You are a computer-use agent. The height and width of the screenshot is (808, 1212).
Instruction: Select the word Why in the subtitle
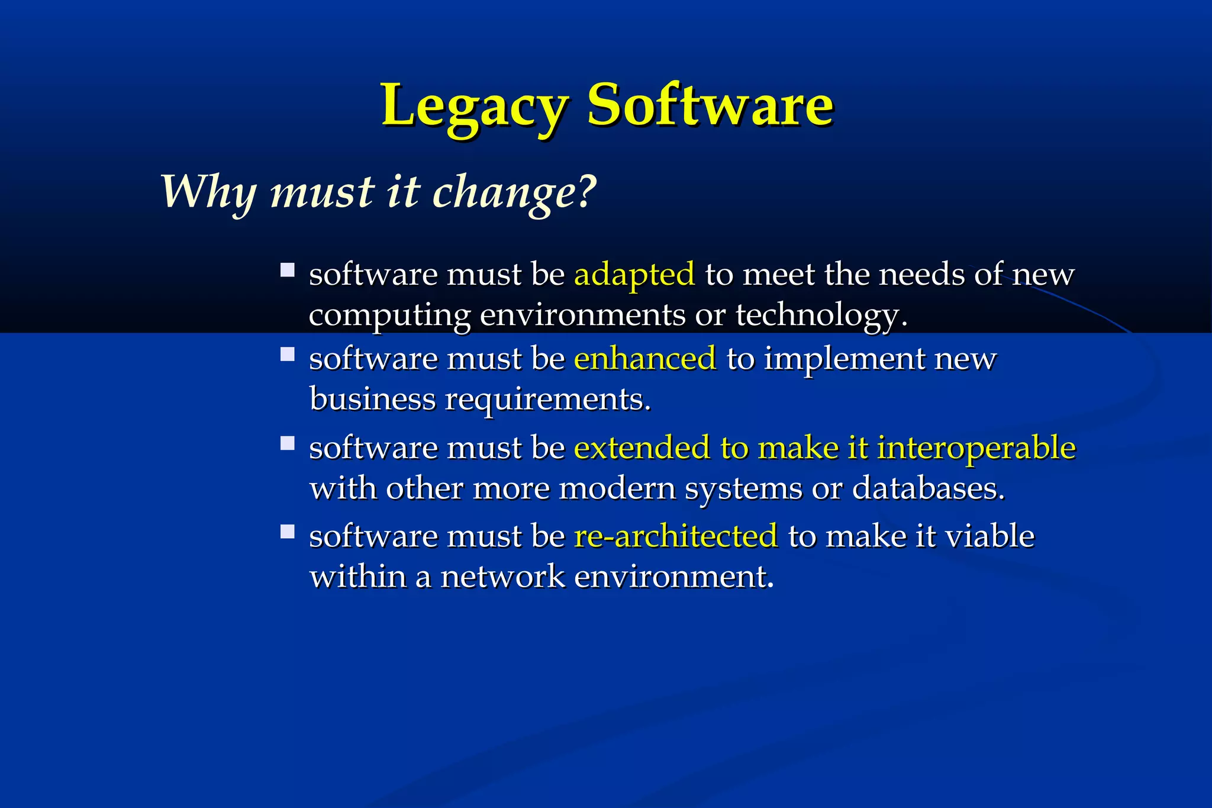(x=208, y=192)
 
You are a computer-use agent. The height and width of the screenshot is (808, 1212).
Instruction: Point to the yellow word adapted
(x=634, y=275)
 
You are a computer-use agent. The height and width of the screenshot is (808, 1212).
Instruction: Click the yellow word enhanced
(x=644, y=359)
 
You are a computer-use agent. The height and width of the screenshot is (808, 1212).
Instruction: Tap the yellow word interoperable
(x=976, y=448)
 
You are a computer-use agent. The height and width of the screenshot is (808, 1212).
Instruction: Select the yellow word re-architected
(x=675, y=536)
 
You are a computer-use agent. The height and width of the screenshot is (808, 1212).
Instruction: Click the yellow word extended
(x=642, y=448)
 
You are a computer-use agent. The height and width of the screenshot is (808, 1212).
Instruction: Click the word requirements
(x=547, y=400)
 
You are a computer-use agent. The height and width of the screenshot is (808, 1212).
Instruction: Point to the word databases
(x=928, y=488)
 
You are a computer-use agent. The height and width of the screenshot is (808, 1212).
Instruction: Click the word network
(x=502, y=577)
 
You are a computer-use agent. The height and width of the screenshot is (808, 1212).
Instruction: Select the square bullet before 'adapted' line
(x=288, y=271)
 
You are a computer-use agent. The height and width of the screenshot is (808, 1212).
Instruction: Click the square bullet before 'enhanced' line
(x=288, y=354)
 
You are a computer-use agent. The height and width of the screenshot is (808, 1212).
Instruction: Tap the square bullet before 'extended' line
(x=288, y=443)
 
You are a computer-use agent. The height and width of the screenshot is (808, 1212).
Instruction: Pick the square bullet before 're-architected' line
(x=288, y=532)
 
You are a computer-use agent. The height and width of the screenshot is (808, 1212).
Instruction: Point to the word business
(x=372, y=400)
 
